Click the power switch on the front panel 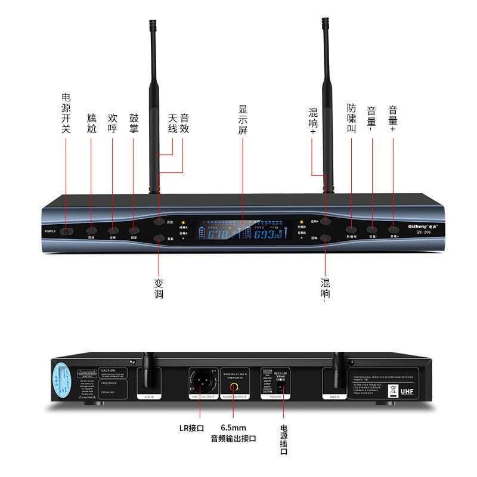coord(67,230)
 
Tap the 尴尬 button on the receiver coord(91,230)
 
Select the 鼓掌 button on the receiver coord(134,230)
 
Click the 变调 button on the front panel coord(159,239)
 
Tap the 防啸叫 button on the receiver coord(351,229)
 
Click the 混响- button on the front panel coord(325,238)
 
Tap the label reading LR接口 coord(192,428)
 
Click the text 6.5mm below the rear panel coord(233,428)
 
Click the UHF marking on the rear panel coord(405,392)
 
